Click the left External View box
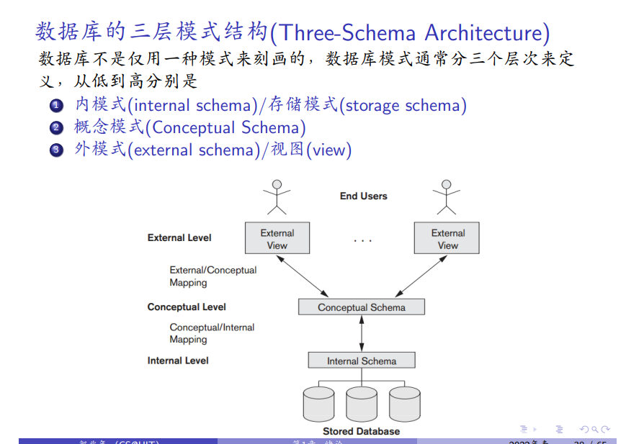click(x=277, y=238)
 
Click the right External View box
click(x=447, y=238)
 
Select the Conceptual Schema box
click(x=362, y=307)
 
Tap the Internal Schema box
click(x=362, y=361)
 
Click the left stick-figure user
click(x=277, y=196)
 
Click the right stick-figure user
click(x=446, y=196)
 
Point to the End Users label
click(x=363, y=196)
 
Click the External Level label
click(x=179, y=237)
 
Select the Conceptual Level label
click(x=187, y=307)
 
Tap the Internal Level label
click(x=178, y=361)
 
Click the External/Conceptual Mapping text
click(x=213, y=276)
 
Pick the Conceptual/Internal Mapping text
click(x=212, y=333)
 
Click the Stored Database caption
click(x=361, y=431)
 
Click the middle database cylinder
click(x=362, y=404)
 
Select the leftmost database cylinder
click(x=319, y=404)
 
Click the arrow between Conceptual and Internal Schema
click(x=362, y=334)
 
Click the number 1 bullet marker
click(x=57, y=107)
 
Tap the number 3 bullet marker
click(x=57, y=150)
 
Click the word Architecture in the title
click(x=487, y=32)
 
